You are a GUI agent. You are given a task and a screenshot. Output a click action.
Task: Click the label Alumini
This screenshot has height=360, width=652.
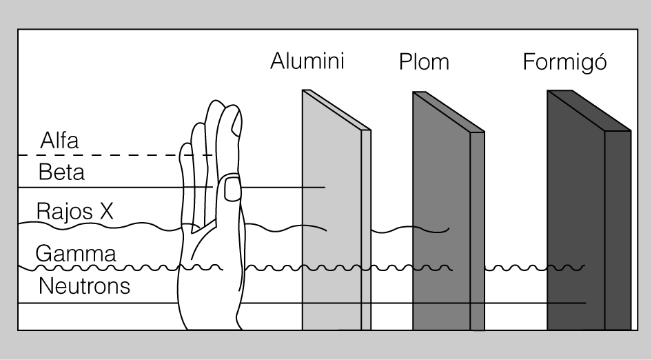(x=307, y=61)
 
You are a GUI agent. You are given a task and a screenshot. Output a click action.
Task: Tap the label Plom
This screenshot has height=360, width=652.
(x=424, y=62)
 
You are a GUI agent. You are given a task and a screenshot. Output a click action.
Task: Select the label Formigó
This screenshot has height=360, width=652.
(x=564, y=62)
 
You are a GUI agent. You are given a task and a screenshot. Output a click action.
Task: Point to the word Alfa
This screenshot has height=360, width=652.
(x=59, y=141)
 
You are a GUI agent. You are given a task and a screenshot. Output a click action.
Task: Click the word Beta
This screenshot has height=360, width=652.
(x=61, y=172)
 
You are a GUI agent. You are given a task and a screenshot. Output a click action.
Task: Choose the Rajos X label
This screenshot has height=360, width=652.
(x=74, y=211)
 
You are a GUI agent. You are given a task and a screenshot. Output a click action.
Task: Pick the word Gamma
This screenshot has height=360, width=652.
(x=76, y=253)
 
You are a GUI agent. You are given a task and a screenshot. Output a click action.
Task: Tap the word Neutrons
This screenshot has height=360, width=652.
(x=84, y=286)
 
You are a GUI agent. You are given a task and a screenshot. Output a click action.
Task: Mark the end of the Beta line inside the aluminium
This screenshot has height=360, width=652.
(x=323, y=187)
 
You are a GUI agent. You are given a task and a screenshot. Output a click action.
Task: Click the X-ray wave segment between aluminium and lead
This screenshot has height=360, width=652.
(x=410, y=229)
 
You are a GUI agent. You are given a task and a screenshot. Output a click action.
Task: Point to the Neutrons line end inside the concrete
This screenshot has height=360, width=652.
(x=584, y=303)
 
